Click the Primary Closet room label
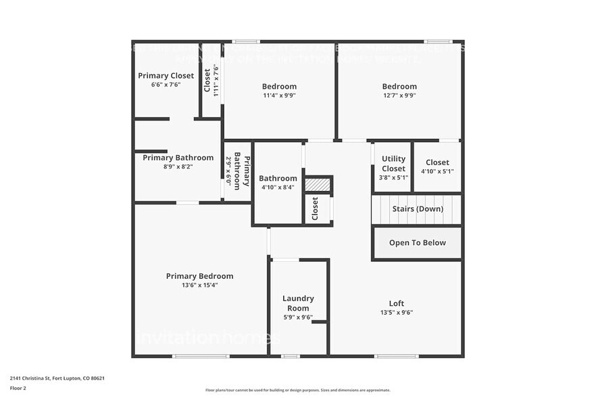166,76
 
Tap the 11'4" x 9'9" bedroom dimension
279,95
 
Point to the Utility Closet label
393,164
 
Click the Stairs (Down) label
418,209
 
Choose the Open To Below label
417,243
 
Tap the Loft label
397,303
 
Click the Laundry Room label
298,303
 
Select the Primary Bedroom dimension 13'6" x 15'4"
199,285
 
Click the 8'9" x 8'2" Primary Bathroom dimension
178,167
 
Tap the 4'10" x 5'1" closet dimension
437,171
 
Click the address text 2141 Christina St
57,378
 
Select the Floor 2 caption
18,388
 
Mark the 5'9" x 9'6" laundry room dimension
298,317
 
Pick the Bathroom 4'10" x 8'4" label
278,179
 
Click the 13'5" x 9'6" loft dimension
397,313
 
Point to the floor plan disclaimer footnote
297,390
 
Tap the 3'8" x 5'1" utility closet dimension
393,177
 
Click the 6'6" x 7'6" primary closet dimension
166,85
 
